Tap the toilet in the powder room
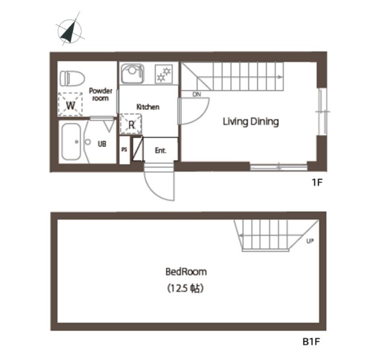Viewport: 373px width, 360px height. pyautogui.click(x=72, y=78)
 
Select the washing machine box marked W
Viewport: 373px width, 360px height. pyautogui.click(x=70, y=104)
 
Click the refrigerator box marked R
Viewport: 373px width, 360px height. pyautogui.click(x=131, y=124)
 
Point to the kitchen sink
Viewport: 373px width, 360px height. pyautogui.click(x=133, y=73)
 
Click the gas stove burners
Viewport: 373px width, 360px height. pyautogui.click(x=164, y=74)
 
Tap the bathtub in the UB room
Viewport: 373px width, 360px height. pyautogui.click(x=71, y=142)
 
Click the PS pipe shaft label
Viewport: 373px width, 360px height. pyautogui.click(x=124, y=149)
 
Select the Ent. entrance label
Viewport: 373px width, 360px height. pyautogui.click(x=161, y=151)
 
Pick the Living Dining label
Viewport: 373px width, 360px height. pyautogui.click(x=251, y=122)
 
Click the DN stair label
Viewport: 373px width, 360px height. pyautogui.click(x=196, y=94)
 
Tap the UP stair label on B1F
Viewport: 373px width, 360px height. pyautogui.click(x=310, y=241)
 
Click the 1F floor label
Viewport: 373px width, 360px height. pyautogui.click(x=317, y=183)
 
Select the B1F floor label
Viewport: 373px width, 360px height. pyautogui.click(x=311, y=342)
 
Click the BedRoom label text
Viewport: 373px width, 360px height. pyautogui.click(x=186, y=272)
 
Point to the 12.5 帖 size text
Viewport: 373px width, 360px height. pyautogui.click(x=185, y=289)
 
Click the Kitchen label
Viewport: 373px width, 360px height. pyautogui.click(x=148, y=107)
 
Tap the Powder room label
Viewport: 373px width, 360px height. pyautogui.click(x=101, y=94)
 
